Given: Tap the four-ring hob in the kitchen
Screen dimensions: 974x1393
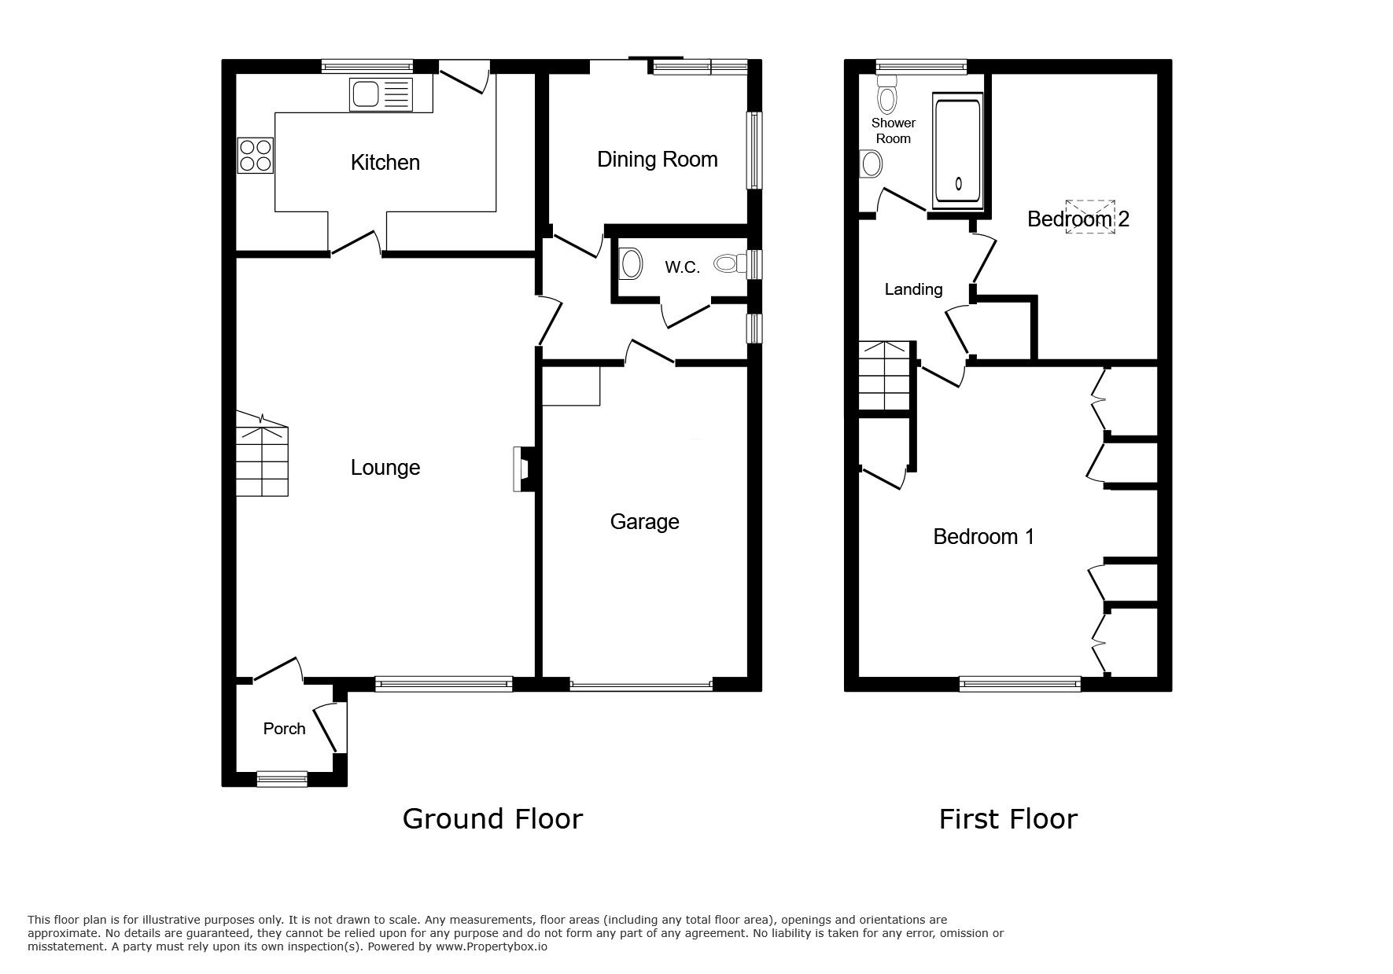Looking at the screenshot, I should (255, 155).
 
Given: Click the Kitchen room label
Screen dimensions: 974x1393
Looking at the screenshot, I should (385, 163).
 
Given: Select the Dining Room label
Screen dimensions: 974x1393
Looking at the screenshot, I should (657, 160).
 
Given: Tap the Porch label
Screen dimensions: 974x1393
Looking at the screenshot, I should (284, 729).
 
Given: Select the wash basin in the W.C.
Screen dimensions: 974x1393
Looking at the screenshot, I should (630, 264).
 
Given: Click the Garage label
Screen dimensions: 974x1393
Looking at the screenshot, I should (644, 522).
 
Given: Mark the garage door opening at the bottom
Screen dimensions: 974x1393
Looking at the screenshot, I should (641, 685).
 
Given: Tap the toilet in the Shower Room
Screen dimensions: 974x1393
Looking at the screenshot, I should (888, 96).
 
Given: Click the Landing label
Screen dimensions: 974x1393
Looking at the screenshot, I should (913, 289).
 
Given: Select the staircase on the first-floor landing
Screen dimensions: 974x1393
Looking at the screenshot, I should (885, 377).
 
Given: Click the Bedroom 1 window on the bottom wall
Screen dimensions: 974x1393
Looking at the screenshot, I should (1020, 685).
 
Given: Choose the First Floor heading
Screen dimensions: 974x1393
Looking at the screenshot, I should (1008, 819).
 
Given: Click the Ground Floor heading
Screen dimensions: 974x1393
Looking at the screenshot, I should (492, 819).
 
